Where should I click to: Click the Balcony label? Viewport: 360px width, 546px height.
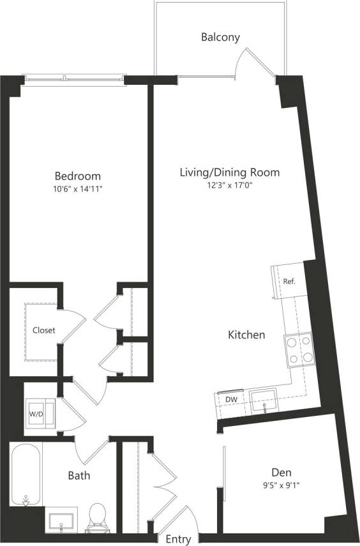pos(220,37)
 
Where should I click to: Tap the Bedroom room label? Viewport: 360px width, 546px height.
pos(77,176)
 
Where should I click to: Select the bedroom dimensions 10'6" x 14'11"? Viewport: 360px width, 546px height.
pos(77,189)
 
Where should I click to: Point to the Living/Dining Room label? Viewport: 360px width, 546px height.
pos(229,172)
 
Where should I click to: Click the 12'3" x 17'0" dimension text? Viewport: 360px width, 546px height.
pos(229,185)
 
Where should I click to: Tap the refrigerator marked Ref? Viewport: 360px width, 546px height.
pos(287,281)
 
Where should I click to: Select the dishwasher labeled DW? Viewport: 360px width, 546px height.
pos(230,400)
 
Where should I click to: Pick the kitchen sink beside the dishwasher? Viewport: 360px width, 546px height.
pos(263,400)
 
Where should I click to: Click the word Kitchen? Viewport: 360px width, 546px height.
pos(246,335)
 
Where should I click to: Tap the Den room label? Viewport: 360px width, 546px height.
pos(281,473)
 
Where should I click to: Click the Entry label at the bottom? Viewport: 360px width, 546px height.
pos(178,540)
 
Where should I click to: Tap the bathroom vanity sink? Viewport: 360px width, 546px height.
pos(62,520)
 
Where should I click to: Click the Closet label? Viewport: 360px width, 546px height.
pos(44,331)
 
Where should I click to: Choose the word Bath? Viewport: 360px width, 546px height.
pos(79,476)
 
